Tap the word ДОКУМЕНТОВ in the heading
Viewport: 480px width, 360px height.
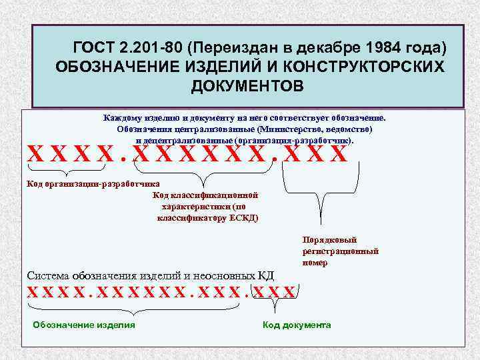coord(247,87)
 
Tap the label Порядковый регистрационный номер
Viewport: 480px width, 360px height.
coord(340,251)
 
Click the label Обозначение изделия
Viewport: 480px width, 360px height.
coord(84,325)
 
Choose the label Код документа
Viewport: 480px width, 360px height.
coord(297,325)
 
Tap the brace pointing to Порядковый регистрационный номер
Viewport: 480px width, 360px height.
coord(325,193)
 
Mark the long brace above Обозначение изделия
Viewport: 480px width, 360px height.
coord(133,307)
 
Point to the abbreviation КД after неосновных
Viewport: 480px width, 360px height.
coord(265,275)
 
